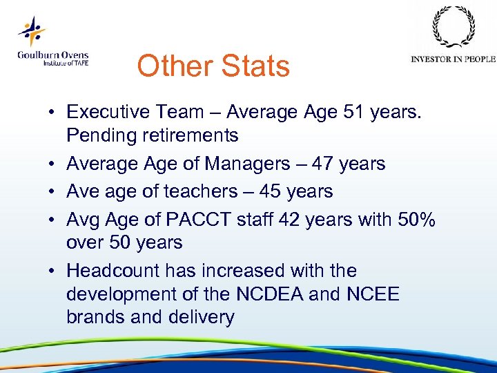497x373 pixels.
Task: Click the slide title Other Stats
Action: tap(213, 66)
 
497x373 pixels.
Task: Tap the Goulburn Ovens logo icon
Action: tap(32, 32)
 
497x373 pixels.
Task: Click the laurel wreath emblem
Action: tap(453, 28)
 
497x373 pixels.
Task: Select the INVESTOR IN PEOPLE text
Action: tap(453, 59)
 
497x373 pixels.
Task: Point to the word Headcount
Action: tap(122, 270)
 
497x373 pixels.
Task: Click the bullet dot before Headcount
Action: tap(52, 271)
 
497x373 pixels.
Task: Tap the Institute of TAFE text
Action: tap(66, 63)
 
